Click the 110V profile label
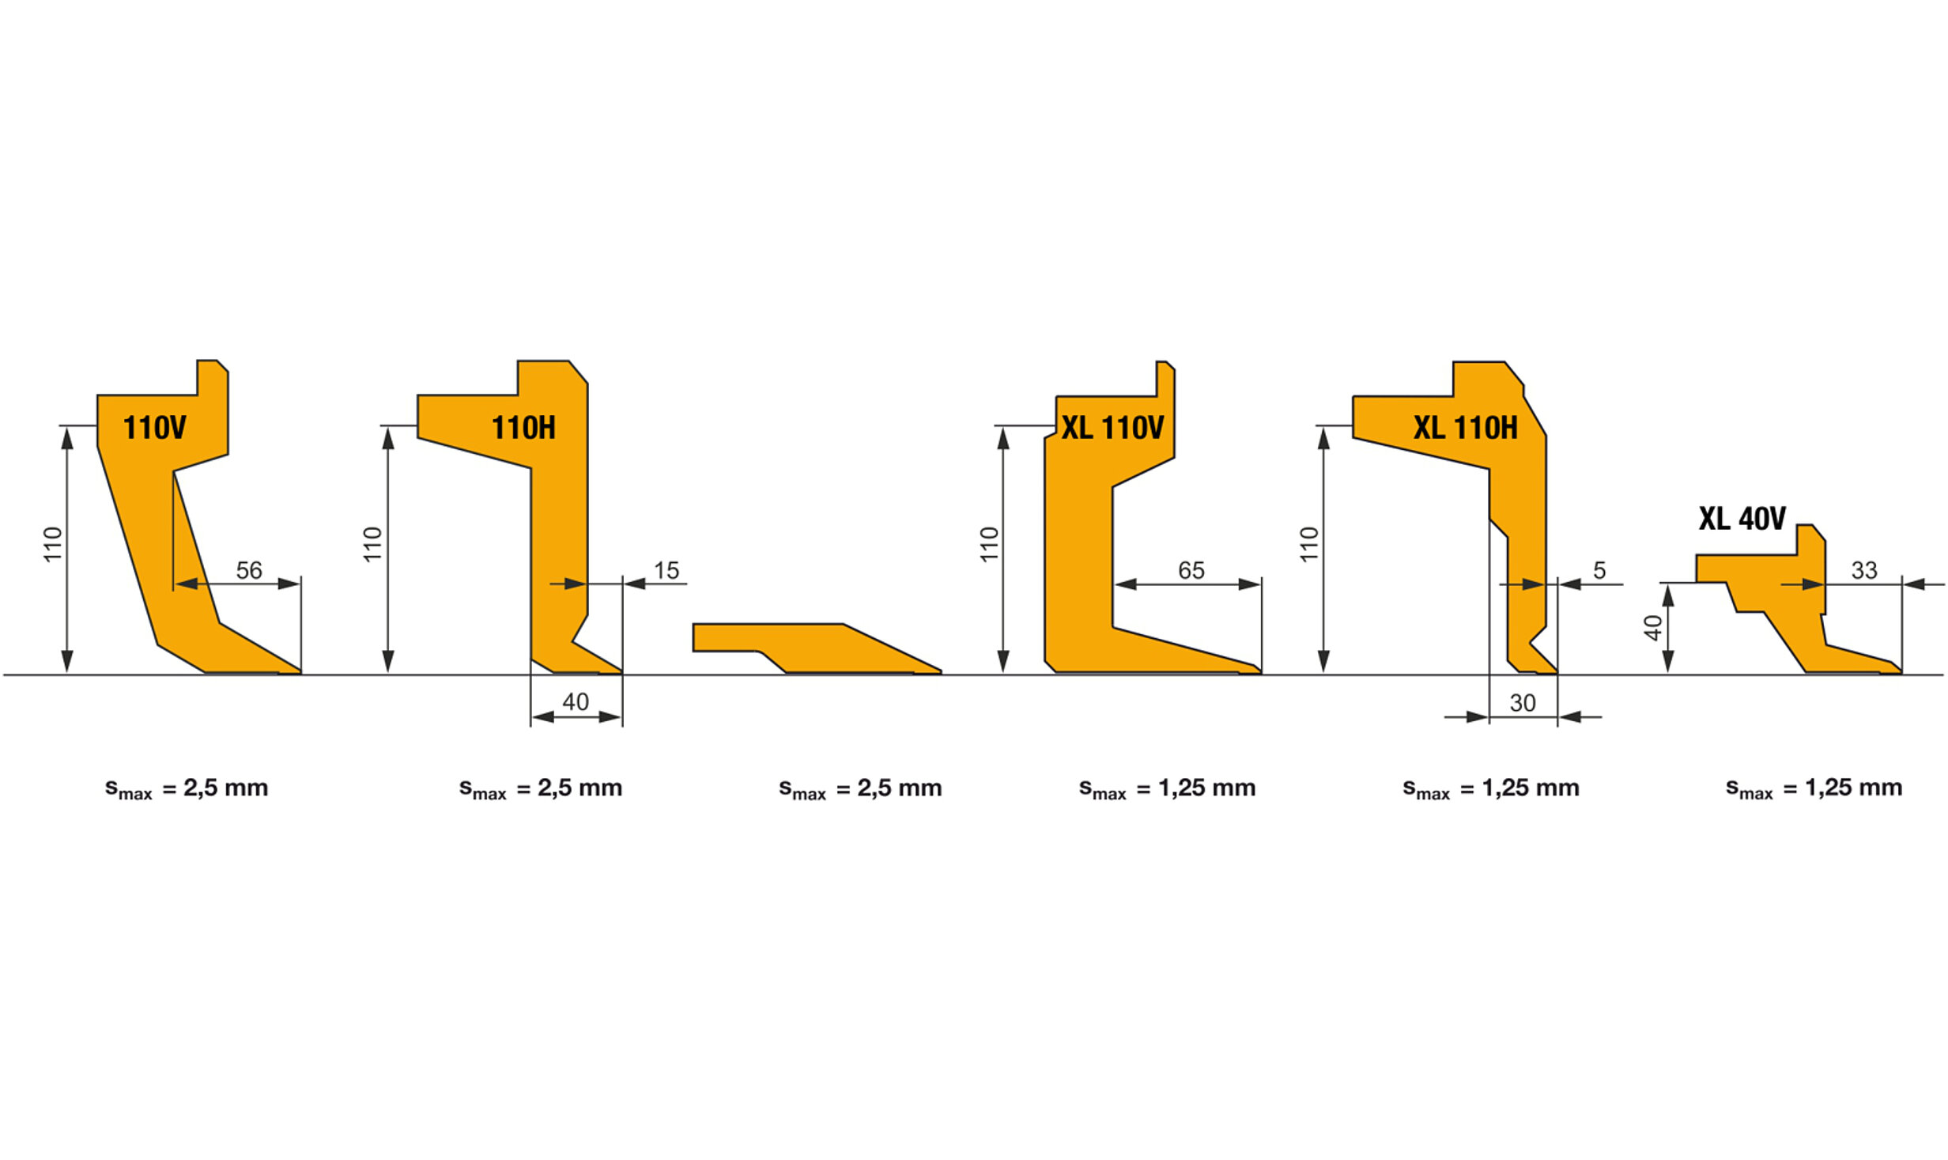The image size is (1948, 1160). pyautogui.click(x=155, y=428)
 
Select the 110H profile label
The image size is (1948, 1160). pyautogui.click(x=523, y=428)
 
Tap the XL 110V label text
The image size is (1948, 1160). pyautogui.click(x=1112, y=428)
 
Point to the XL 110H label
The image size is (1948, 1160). pyautogui.click(x=1466, y=428)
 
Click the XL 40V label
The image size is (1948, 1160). pyautogui.click(x=1742, y=519)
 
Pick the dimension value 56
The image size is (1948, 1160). pyautogui.click(x=249, y=570)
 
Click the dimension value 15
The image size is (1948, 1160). pyautogui.click(x=666, y=570)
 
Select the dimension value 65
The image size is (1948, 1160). pyautogui.click(x=1191, y=570)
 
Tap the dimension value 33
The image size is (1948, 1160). pyautogui.click(x=1864, y=570)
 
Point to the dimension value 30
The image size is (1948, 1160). pyautogui.click(x=1523, y=703)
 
